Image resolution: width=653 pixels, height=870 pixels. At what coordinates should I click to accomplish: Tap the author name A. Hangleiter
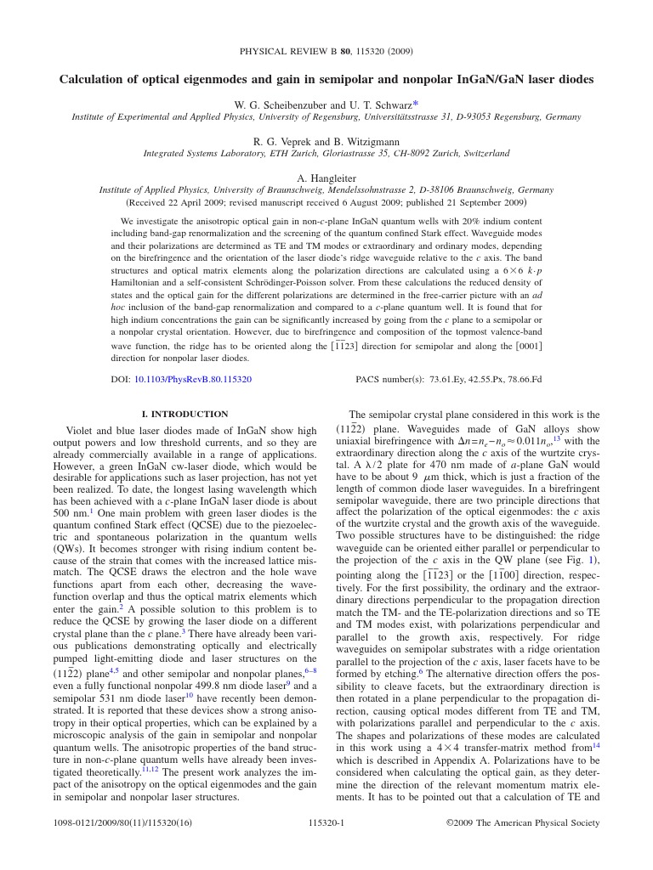(326, 178)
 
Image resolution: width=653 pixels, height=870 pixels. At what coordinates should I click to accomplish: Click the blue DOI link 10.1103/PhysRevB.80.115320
(193, 380)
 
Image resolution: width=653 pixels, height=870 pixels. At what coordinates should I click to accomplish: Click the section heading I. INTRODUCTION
(185, 414)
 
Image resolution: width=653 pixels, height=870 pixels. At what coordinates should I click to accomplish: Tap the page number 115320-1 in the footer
(326, 822)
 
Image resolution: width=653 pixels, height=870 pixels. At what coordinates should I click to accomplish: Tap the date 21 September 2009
(476, 203)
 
